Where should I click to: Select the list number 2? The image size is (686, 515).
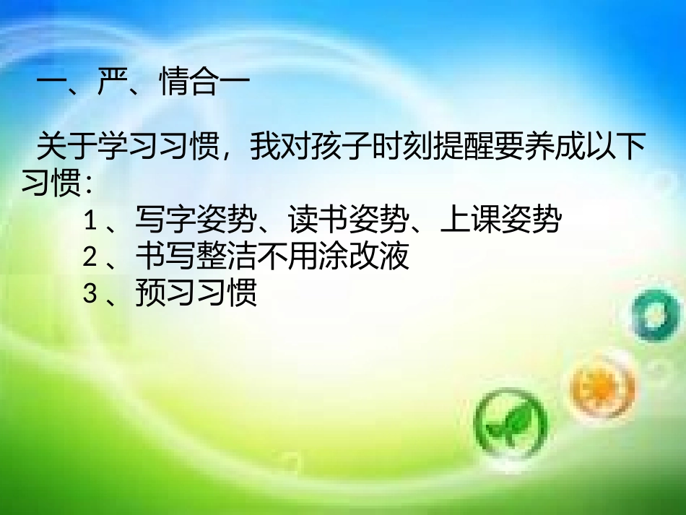[x=90, y=256]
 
